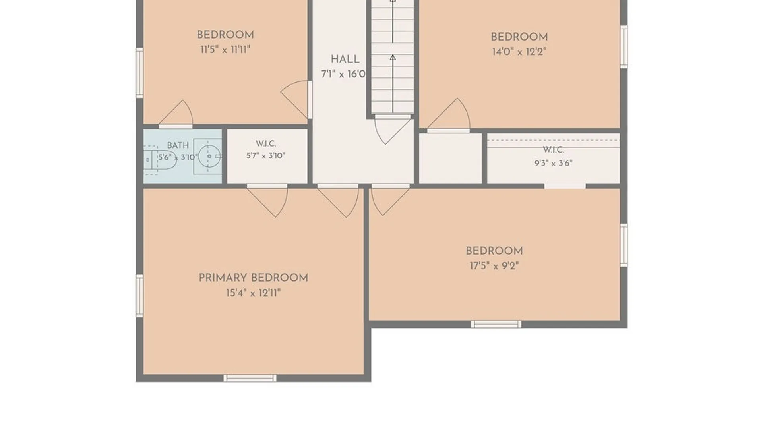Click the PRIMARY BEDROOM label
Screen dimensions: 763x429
pos(253,278)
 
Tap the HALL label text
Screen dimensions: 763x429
pos(345,59)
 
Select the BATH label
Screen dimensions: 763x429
pos(178,145)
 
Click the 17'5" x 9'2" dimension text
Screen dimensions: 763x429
pos(494,266)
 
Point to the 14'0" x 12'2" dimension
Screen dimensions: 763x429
pos(519,52)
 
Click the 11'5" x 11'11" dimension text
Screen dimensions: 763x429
pos(225,50)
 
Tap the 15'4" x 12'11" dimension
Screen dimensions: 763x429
pos(253,293)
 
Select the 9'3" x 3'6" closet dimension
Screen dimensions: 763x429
pos(554,163)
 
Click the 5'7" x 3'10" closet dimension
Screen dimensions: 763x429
pos(265,156)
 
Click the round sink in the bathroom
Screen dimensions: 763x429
pos(209,156)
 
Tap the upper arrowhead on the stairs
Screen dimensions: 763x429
pos(393,1)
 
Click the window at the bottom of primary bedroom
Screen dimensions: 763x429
pos(250,378)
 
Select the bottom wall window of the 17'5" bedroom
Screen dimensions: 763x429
pos(496,325)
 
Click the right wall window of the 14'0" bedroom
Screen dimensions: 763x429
pos(624,47)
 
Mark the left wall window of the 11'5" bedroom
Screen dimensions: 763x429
pos(139,73)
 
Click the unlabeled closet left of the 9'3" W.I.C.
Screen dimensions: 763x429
pos(451,158)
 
